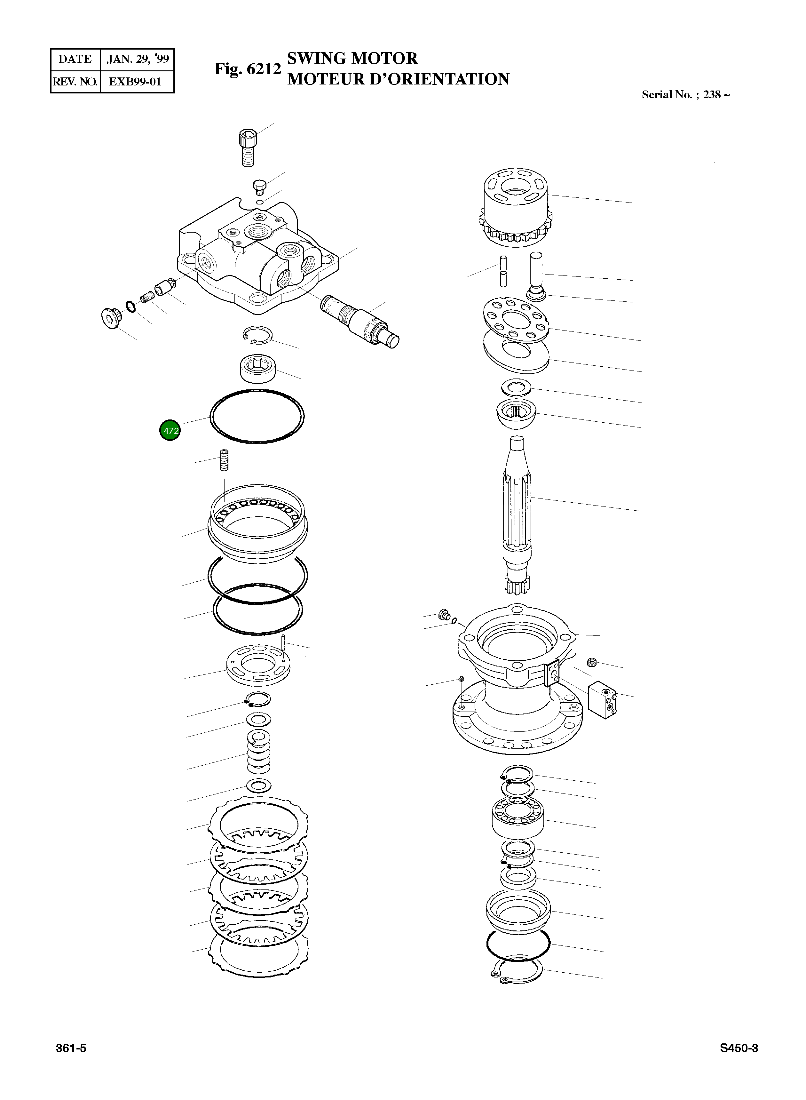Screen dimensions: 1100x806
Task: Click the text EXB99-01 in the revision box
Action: [135, 82]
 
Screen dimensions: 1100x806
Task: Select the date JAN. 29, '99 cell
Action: [138, 59]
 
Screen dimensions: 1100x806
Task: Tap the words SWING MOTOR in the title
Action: [352, 58]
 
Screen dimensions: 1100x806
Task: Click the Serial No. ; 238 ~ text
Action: [685, 95]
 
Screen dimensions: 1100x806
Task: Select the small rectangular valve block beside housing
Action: [602, 701]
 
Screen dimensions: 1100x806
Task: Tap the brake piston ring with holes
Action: [258, 522]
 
